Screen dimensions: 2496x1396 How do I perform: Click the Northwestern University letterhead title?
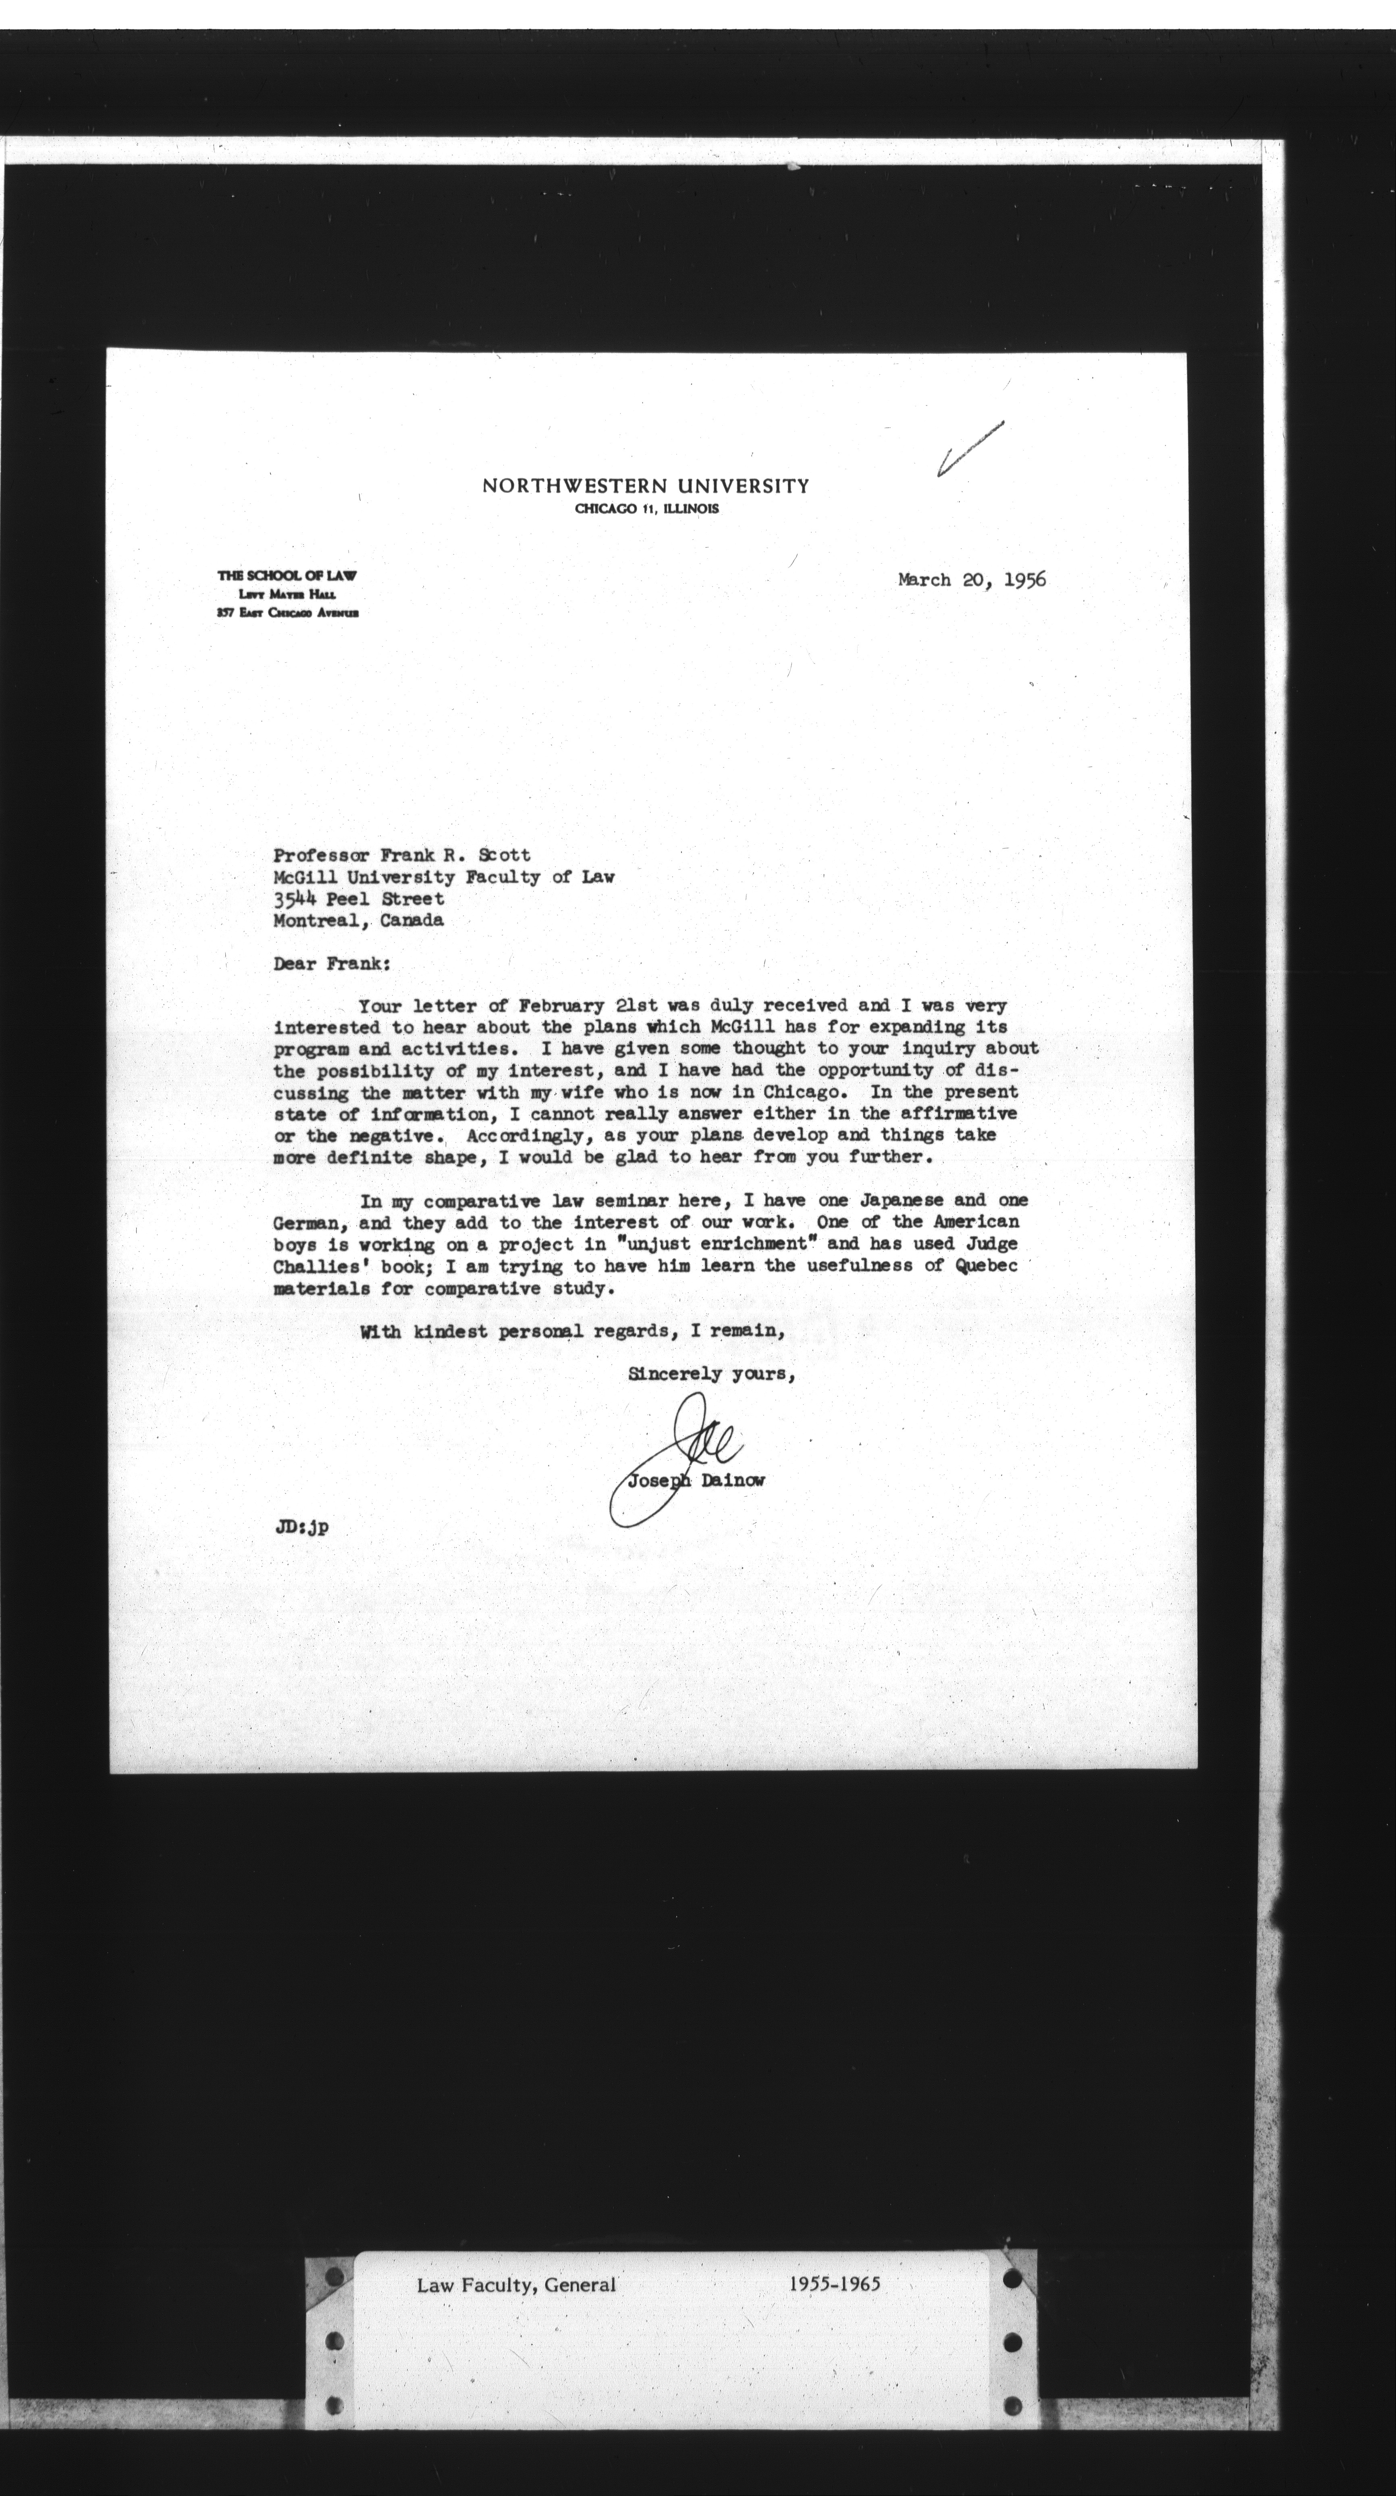[x=645, y=487]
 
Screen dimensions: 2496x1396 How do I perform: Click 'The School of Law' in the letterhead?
[x=287, y=576]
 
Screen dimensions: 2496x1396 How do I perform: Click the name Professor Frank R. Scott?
[x=402, y=855]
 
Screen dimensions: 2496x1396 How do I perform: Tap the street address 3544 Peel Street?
[x=358, y=898]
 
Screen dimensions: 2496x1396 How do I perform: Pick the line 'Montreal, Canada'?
[x=358, y=921]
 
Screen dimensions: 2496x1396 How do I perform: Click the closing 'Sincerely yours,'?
[x=712, y=1374]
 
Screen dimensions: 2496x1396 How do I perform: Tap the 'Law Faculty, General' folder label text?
[x=516, y=2285]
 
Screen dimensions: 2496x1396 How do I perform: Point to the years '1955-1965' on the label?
[x=834, y=2284]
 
